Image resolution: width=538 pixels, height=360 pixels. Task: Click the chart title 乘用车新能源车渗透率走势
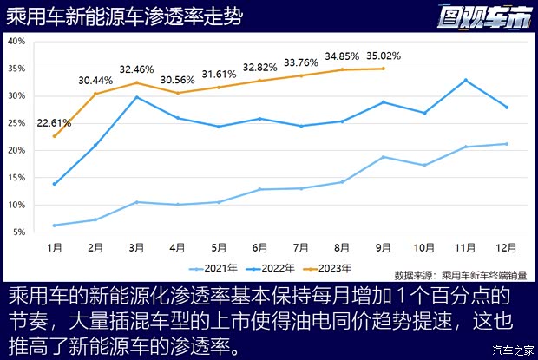click(x=124, y=16)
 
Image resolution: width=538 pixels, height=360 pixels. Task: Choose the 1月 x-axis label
click(x=54, y=246)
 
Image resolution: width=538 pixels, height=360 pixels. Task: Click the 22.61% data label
click(x=54, y=122)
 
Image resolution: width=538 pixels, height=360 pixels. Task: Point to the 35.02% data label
click(x=384, y=55)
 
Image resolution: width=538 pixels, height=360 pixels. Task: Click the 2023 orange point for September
click(x=383, y=69)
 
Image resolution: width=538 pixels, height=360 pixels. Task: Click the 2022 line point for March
click(x=136, y=97)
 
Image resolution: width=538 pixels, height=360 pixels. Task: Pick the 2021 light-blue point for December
click(x=506, y=144)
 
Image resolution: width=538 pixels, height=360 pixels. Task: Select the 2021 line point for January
click(x=55, y=226)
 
